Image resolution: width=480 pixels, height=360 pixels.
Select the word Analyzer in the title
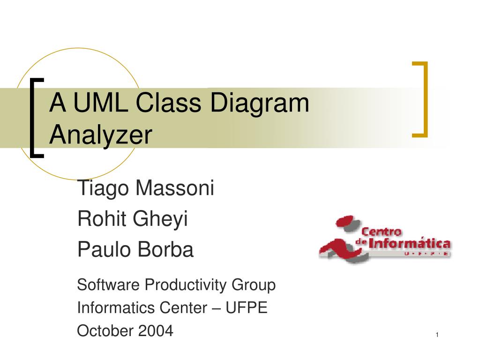(101, 135)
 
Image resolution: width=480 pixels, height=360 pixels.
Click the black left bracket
(35, 118)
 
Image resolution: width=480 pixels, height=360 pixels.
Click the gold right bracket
(421, 99)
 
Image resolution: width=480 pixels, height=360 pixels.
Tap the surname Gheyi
(160, 220)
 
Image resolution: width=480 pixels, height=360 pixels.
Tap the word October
(105, 331)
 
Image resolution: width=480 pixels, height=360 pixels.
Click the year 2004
(156, 331)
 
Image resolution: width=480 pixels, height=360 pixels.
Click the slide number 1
(437, 335)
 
